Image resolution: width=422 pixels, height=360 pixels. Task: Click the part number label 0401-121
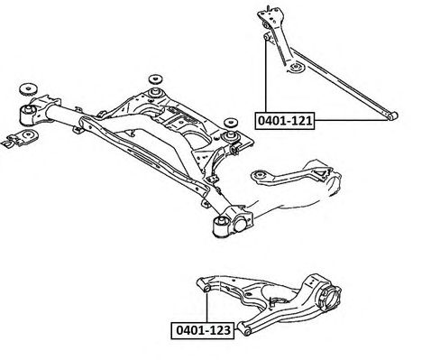(284, 121)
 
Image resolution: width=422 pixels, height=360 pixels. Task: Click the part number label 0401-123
(202, 330)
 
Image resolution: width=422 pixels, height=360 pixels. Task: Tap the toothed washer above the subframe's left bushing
(28, 89)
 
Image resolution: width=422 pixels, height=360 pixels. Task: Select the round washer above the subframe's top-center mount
(156, 78)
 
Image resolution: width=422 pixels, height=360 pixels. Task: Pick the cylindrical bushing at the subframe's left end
(28, 115)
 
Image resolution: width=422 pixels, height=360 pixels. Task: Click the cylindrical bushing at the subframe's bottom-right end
(222, 226)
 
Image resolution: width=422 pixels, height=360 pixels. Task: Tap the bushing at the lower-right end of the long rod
(392, 115)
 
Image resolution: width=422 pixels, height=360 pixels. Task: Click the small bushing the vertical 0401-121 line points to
(266, 36)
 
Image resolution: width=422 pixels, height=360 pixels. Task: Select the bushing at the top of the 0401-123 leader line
(206, 289)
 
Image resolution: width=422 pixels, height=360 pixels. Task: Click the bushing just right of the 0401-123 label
(246, 331)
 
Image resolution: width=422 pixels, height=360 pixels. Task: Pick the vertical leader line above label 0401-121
(266, 76)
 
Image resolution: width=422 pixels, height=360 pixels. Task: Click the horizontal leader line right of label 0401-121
(352, 120)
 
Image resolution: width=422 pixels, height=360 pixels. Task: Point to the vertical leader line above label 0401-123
(206, 308)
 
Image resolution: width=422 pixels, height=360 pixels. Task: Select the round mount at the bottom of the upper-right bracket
(296, 67)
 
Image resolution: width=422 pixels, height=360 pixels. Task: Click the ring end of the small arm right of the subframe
(259, 176)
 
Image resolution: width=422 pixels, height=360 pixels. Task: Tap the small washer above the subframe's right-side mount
(231, 122)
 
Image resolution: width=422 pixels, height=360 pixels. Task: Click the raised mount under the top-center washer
(156, 92)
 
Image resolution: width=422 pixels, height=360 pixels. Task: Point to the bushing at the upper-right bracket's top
(266, 24)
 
